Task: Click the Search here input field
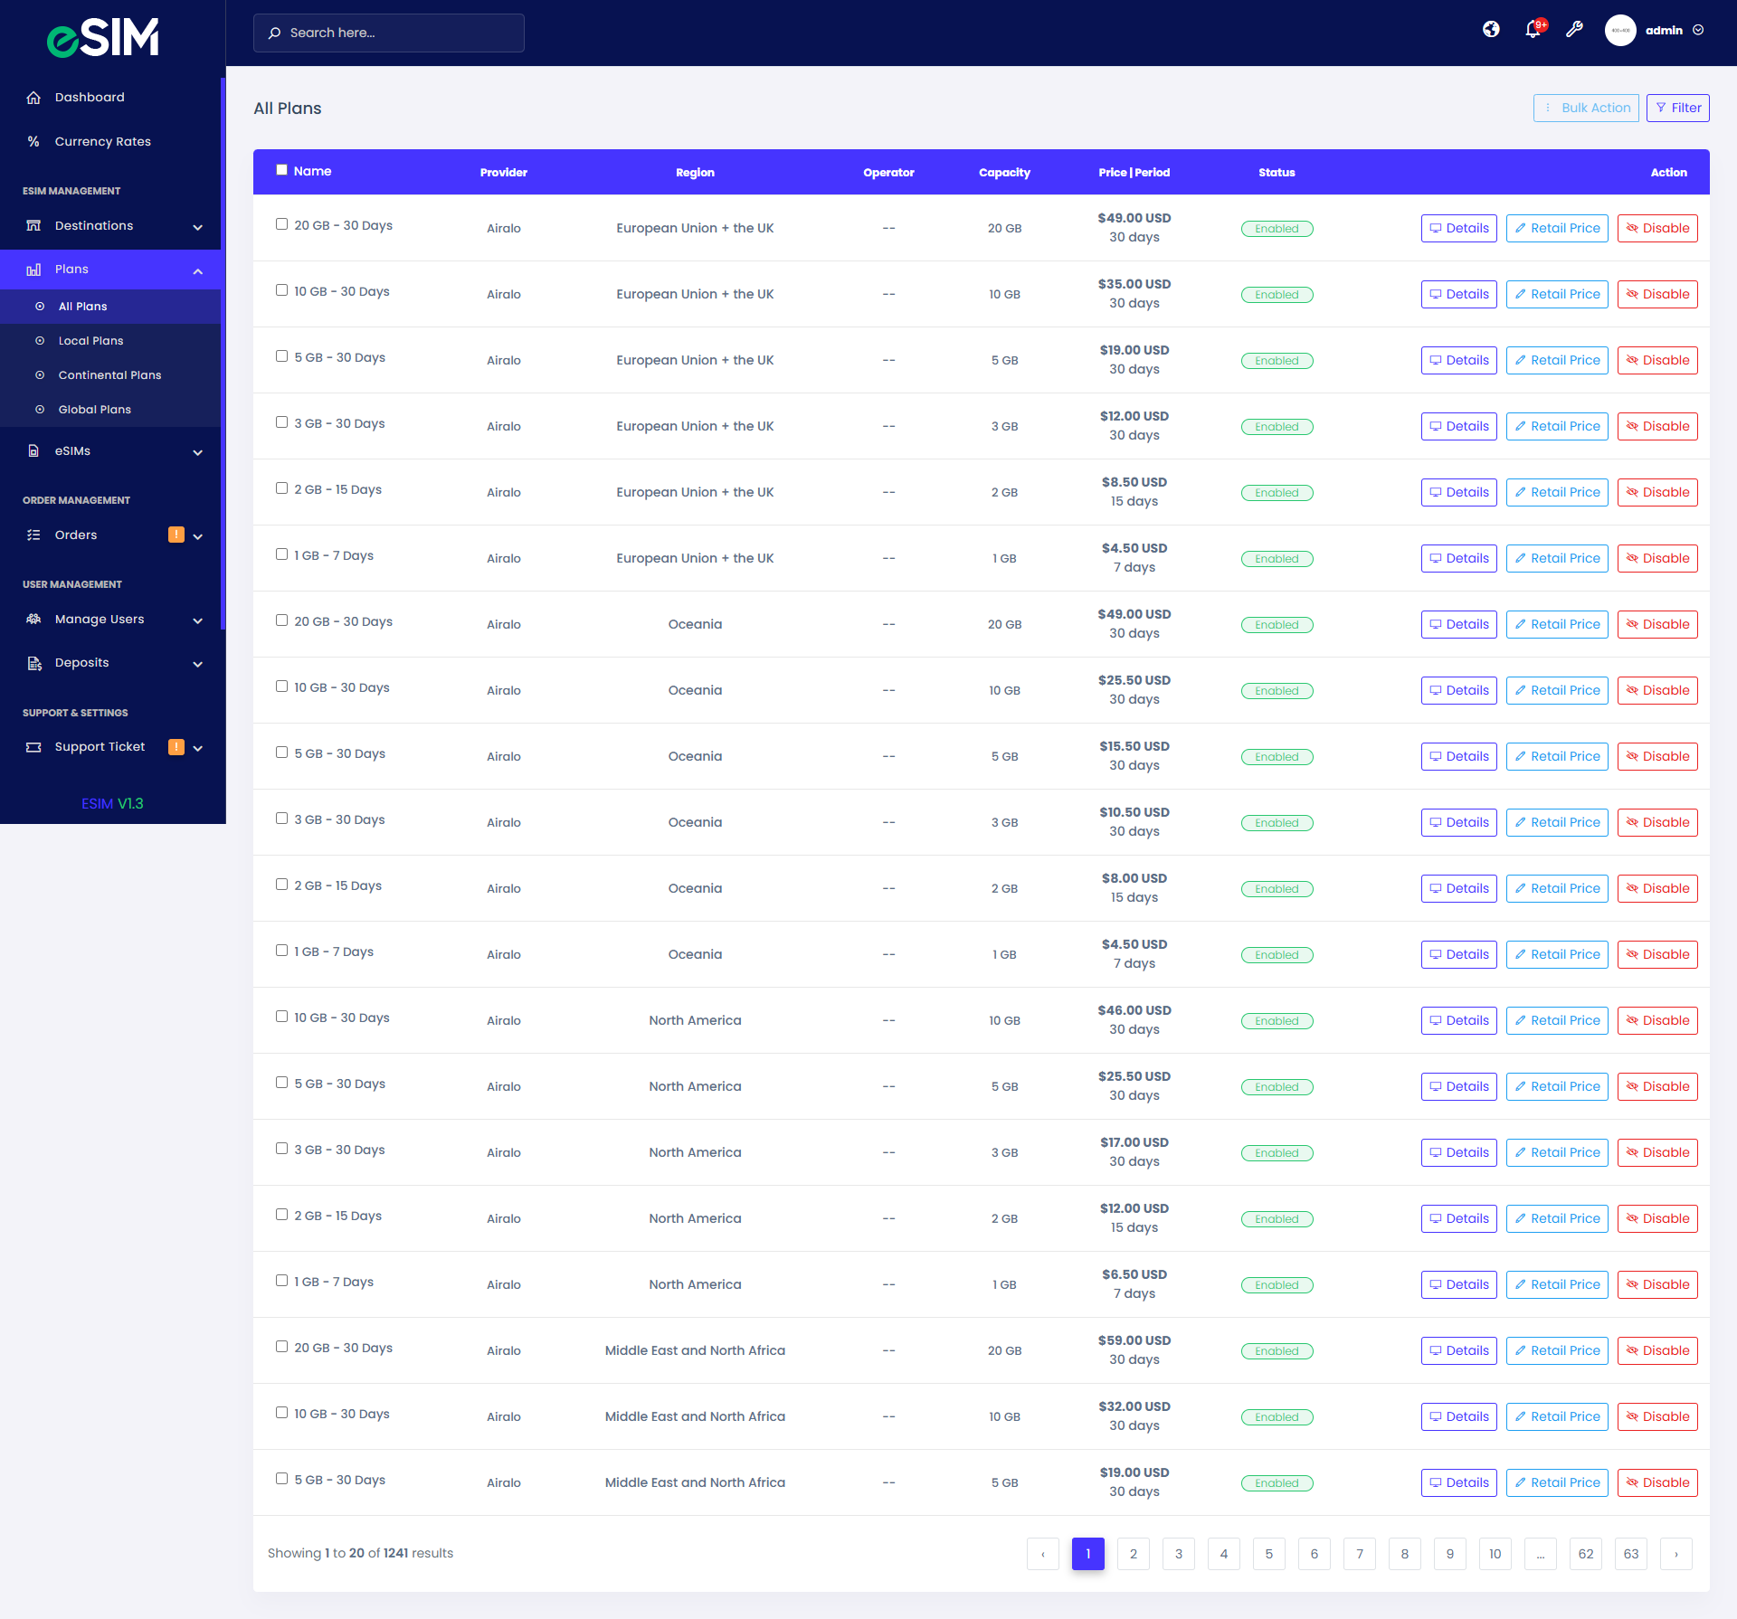(389, 33)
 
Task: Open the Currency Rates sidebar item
(102, 141)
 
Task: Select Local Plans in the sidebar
(90, 341)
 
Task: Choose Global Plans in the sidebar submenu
(94, 410)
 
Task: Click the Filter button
(1678, 108)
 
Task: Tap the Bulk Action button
(1586, 108)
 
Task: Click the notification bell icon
(1533, 30)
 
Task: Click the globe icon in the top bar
(1491, 30)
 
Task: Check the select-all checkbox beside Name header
(281, 170)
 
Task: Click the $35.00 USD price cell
(1134, 284)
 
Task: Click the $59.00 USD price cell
(1134, 1340)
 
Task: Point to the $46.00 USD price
(1134, 1010)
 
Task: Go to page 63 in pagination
(1630, 1554)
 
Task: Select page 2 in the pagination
(1133, 1554)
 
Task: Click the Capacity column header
(1004, 173)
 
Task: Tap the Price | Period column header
(1134, 173)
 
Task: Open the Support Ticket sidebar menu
(100, 747)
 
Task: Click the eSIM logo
(103, 37)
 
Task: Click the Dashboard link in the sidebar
(90, 98)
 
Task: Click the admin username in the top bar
(1664, 31)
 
